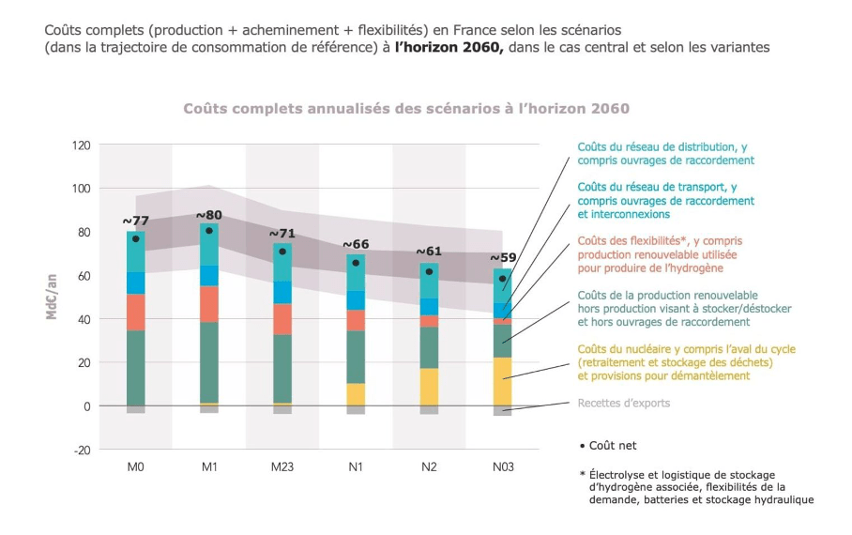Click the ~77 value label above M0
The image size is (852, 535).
coord(136,222)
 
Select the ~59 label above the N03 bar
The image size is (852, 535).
coord(504,258)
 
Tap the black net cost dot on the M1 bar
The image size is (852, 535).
coord(209,230)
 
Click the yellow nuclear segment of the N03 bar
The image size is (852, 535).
coord(504,380)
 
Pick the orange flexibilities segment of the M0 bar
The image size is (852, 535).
coord(136,312)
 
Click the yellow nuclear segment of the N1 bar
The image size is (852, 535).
coord(356,393)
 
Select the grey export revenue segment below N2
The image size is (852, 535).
coord(429,409)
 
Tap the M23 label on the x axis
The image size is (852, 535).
coord(282,466)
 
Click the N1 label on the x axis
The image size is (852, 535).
coord(356,466)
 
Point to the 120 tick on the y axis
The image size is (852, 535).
coord(81,145)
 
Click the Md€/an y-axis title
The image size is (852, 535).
coord(53,297)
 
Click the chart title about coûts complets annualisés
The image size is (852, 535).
coord(405,109)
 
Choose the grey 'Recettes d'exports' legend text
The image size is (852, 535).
coord(624,404)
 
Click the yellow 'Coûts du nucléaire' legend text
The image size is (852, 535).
coord(686,362)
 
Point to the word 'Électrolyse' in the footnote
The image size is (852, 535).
coord(614,475)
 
